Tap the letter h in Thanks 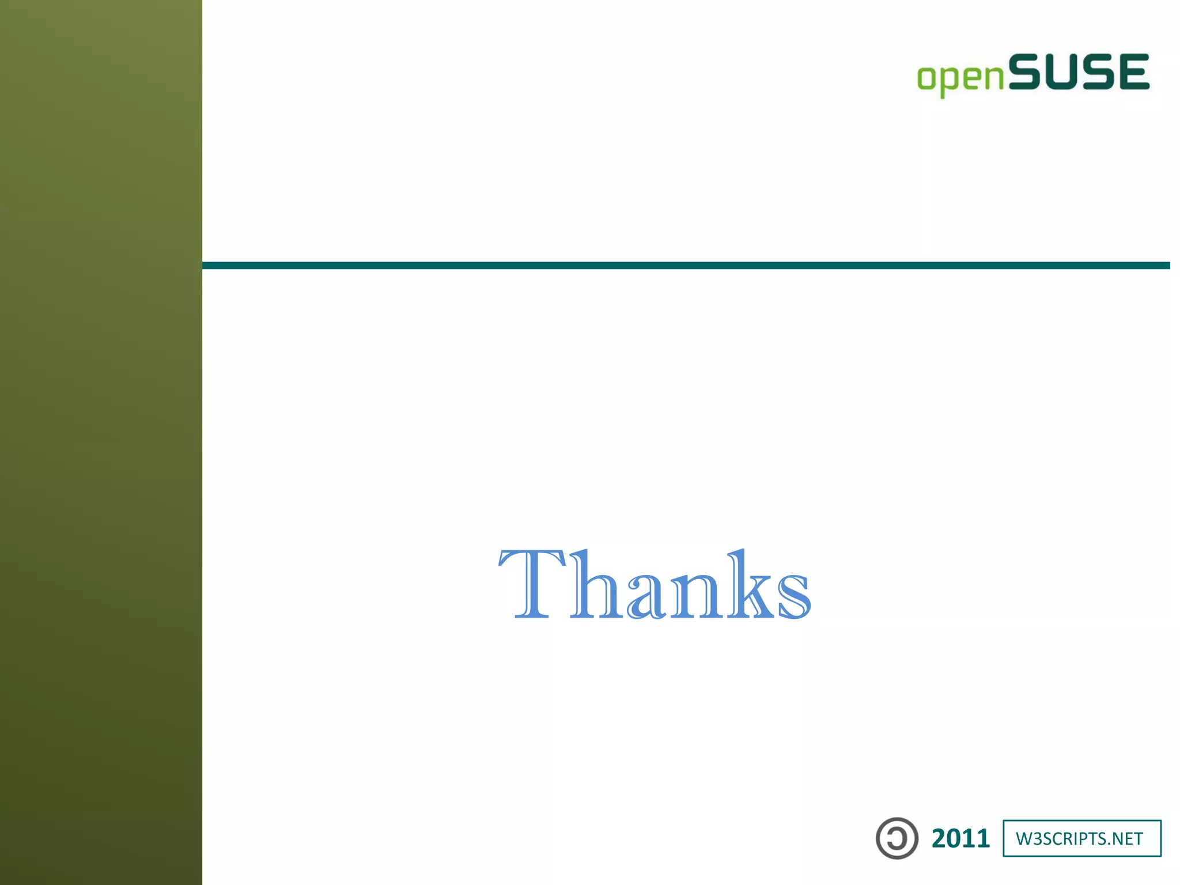(596, 585)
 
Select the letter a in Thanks (648, 596)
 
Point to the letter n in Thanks (694, 596)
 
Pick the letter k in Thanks (748, 585)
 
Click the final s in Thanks (793, 596)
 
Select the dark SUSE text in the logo (1079, 72)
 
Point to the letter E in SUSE (1130, 72)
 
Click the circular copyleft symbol (897, 838)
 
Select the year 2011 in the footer (960, 838)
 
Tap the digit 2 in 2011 (941, 838)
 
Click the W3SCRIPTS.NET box (1081, 838)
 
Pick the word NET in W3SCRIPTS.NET (1126, 839)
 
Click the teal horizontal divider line (686, 266)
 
